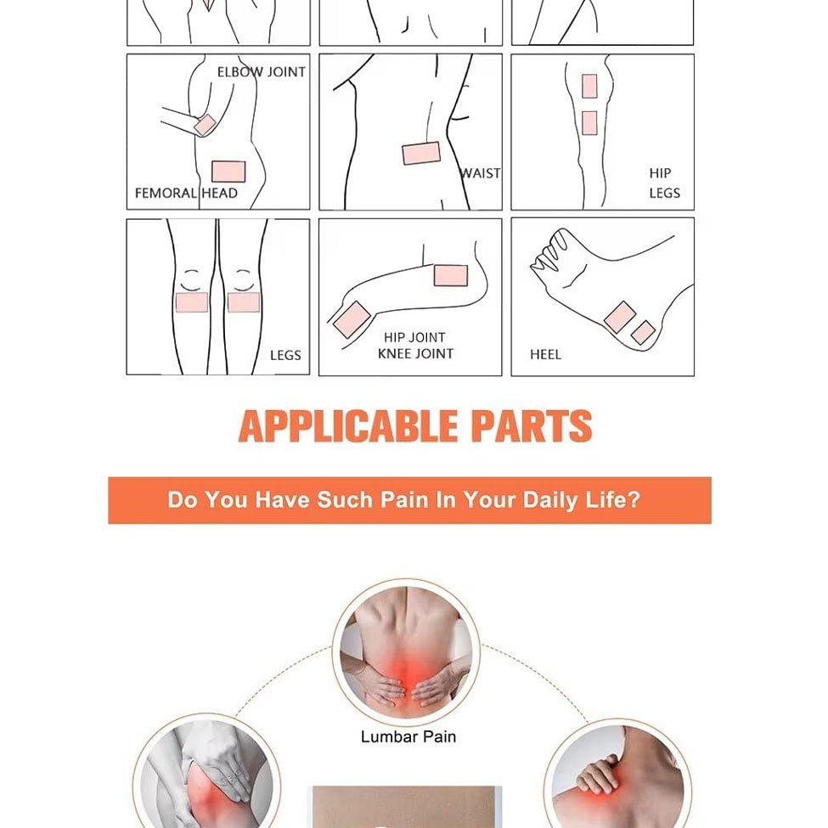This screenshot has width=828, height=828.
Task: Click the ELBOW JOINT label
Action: click(x=262, y=72)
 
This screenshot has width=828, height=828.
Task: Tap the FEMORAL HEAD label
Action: click(x=186, y=194)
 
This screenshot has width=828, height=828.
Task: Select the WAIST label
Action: click(x=480, y=173)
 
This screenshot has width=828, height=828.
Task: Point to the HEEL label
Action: click(x=545, y=354)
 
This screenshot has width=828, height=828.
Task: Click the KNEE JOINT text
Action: click(x=415, y=354)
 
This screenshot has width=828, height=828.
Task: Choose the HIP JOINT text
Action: click(x=414, y=337)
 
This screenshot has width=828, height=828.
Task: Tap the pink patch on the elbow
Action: click(x=205, y=125)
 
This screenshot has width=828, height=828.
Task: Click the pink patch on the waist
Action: click(x=421, y=153)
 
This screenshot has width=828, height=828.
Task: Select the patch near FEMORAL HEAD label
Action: click(x=228, y=172)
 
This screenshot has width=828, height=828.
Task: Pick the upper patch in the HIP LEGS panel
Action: click(x=590, y=86)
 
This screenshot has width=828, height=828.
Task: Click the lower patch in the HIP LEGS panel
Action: click(x=590, y=122)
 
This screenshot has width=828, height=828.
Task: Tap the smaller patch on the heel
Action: click(x=643, y=332)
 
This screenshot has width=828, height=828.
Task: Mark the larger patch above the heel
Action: click(x=619, y=317)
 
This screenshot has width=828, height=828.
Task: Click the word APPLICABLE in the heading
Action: click(x=348, y=425)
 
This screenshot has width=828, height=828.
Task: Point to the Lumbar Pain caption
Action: click(x=408, y=736)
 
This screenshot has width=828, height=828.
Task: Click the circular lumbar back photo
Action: click(x=406, y=652)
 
